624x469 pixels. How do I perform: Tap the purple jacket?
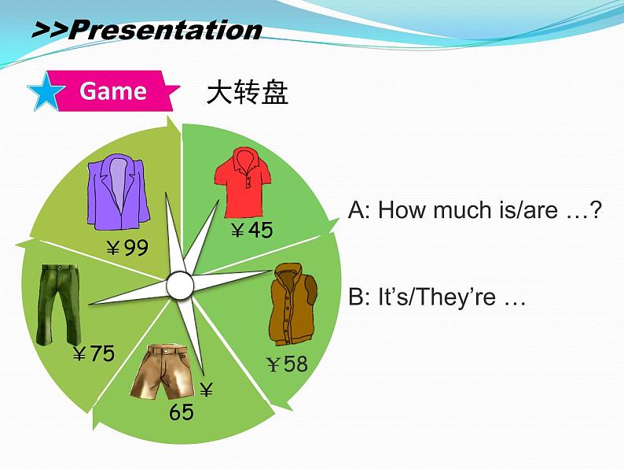(x=118, y=192)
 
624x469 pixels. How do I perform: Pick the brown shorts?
(x=161, y=372)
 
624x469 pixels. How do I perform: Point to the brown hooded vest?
(x=293, y=304)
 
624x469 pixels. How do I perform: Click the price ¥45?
(x=252, y=230)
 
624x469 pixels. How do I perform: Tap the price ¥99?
(x=127, y=247)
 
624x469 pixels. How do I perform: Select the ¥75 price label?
(x=94, y=353)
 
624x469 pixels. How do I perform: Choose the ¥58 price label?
(x=287, y=364)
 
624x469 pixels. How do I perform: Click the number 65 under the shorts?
(x=181, y=412)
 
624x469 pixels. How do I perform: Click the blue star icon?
(x=46, y=91)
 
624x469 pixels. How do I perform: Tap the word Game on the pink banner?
(x=113, y=90)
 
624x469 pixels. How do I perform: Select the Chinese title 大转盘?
(x=247, y=92)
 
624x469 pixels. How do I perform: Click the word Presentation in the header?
(x=166, y=29)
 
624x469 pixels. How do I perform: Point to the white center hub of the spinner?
(x=180, y=286)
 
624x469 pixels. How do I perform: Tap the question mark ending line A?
(x=596, y=209)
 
